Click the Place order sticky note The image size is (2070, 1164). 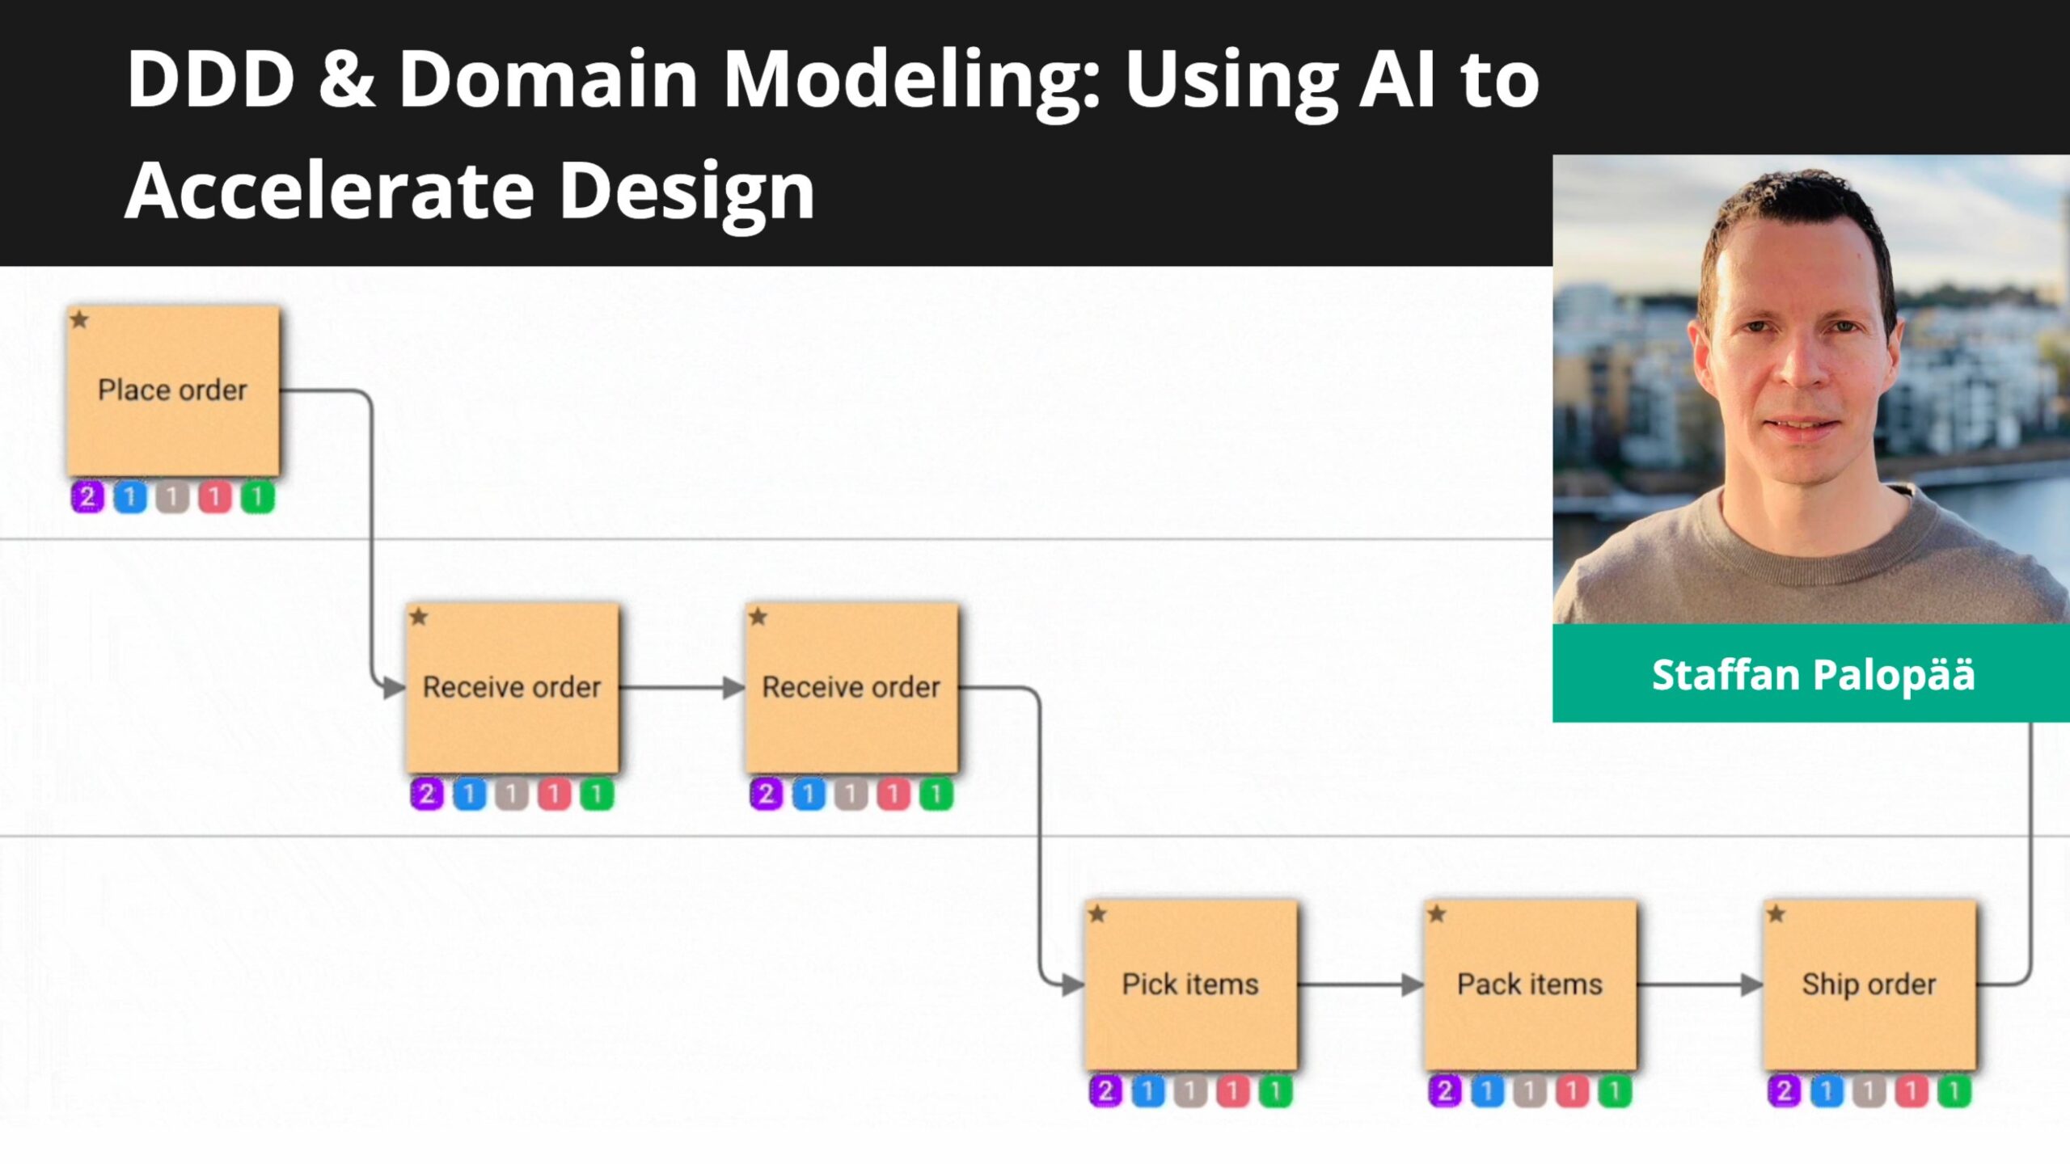[173, 390]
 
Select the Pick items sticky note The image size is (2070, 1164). [1190, 985]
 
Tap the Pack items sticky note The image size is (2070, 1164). [1530, 985]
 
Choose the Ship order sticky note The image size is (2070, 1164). [1869, 985]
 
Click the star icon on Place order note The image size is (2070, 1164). [79, 319]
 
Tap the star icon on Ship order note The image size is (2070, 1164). [1776, 914]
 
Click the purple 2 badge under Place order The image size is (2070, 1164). [87, 496]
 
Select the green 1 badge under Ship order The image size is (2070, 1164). [1954, 1091]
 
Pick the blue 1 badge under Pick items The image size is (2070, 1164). [1147, 1091]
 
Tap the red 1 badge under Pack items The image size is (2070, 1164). [1572, 1091]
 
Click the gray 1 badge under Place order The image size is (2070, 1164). [172, 496]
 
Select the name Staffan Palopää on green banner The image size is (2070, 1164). [1812, 674]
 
